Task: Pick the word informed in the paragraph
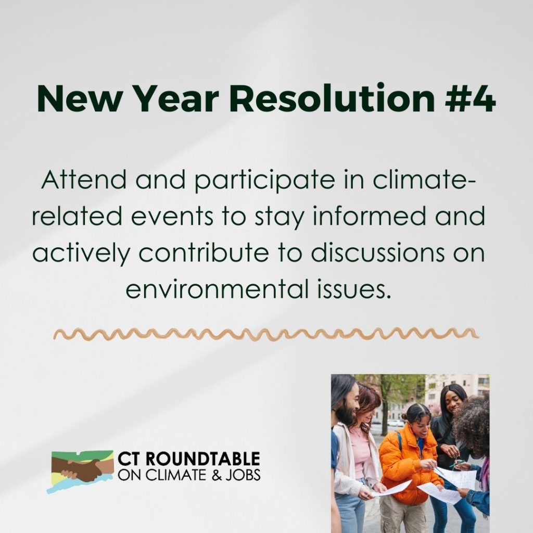point(369,216)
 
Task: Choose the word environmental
point(218,289)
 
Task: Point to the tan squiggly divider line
point(266,334)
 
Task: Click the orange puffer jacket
point(408,466)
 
